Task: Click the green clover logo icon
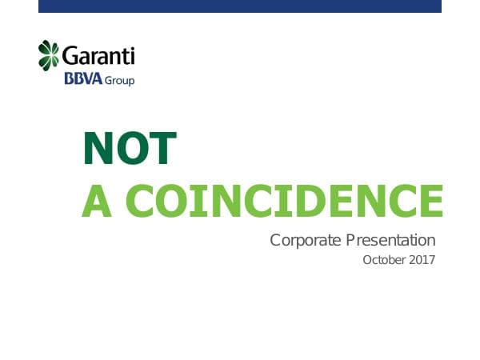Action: (x=50, y=55)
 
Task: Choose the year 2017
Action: (x=422, y=260)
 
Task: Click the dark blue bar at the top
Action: (x=240, y=6)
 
